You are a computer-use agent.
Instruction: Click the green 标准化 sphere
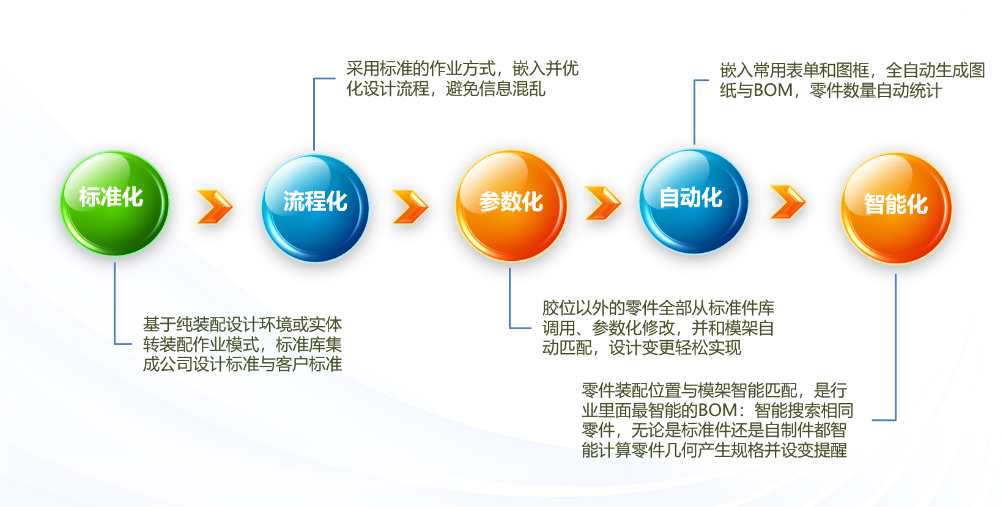(x=114, y=203)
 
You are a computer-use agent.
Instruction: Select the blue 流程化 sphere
(x=316, y=208)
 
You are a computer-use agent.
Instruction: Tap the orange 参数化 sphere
(x=511, y=206)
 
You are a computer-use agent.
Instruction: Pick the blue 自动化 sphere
(x=694, y=202)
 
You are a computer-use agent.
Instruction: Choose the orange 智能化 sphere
(x=897, y=208)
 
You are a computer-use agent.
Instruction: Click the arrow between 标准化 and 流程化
(x=215, y=206)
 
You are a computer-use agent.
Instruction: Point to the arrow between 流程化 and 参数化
(x=410, y=206)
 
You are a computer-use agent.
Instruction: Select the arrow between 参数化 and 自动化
(x=602, y=203)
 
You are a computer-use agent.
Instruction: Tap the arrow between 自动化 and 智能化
(x=788, y=202)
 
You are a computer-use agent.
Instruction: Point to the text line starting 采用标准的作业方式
(x=462, y=69)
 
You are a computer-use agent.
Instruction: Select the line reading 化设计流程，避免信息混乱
(x=446, y=89)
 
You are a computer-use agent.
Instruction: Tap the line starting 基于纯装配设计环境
(x=243, y=324)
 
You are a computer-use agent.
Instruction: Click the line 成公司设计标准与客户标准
(x=243, y=365)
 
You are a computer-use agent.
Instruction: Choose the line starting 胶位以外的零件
(x=658, y=308)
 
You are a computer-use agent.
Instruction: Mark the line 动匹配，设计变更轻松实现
(x=642, y=348)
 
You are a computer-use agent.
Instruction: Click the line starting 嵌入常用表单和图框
(x=853, y=71)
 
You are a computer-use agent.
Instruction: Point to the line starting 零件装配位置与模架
(x=714, y=390)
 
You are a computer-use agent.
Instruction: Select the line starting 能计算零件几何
(x=714, y=450)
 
